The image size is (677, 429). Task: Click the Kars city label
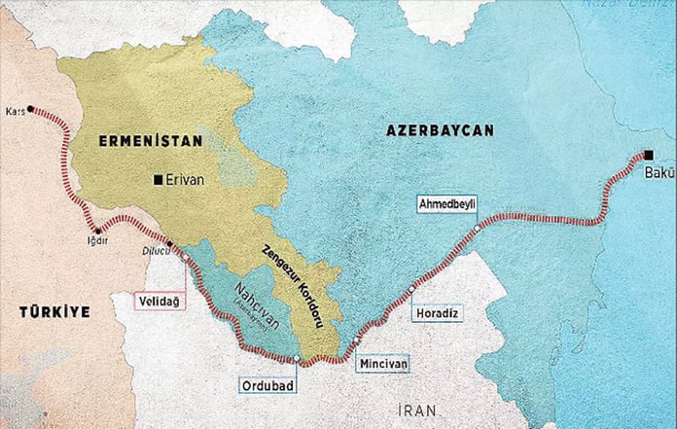[x=14, y=109]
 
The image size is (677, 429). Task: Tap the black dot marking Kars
[x=31, y=108]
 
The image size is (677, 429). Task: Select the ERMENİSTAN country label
[x=150, y=141]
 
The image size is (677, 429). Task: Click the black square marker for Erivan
[x=159, y=179]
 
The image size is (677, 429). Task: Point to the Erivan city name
[x=185, y=179]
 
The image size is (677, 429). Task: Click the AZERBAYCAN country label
[x=440, y=129]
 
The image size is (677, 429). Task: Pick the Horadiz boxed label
[x=434, y=313]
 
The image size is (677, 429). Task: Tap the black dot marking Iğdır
[x=97, y=231]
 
